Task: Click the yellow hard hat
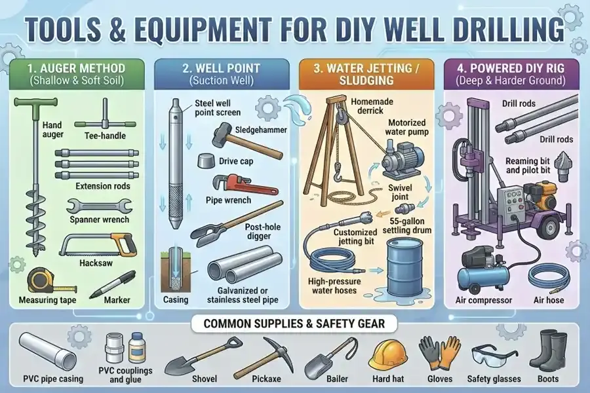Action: pyautogui.click(x=387, y=355)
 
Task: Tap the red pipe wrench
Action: pyautogui.click(x=245, y=183)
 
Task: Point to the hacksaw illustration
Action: pyautogui.click(x=98, y=245)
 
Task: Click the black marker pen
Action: pyautogui.click(x=112, y=285)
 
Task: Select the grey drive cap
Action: pyautogui.click(x=206, y=160)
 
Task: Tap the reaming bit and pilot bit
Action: pyautogui.click(x=563, y=166)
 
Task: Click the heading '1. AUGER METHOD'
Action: pyautogui.click(x=76, y=68)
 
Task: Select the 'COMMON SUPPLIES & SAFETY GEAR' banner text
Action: pyautogui.click(x=294, y=324)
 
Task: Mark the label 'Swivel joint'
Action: pyautogui.click(x=400, y=192)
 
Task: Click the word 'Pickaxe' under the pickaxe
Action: pyautogui.click(x=266, y=379)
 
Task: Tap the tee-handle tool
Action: pyautogui.click(x=105, y=117)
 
